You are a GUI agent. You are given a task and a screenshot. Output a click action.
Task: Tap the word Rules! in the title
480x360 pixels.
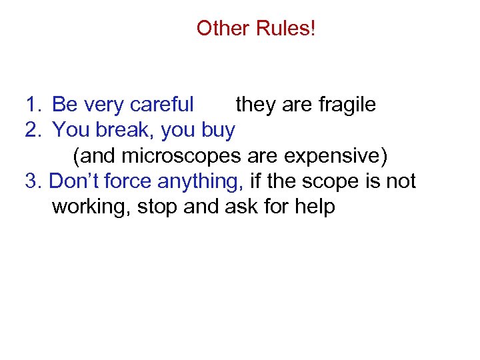point(286,29)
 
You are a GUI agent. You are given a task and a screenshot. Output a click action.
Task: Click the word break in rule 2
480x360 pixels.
point(126,130)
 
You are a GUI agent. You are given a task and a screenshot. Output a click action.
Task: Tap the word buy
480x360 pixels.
point(217,131)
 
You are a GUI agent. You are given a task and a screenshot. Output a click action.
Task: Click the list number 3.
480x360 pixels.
point(33,181)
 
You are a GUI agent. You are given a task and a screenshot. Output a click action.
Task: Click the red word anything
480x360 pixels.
point(201,182)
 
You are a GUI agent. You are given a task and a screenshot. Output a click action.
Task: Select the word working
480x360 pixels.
point(91,207)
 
